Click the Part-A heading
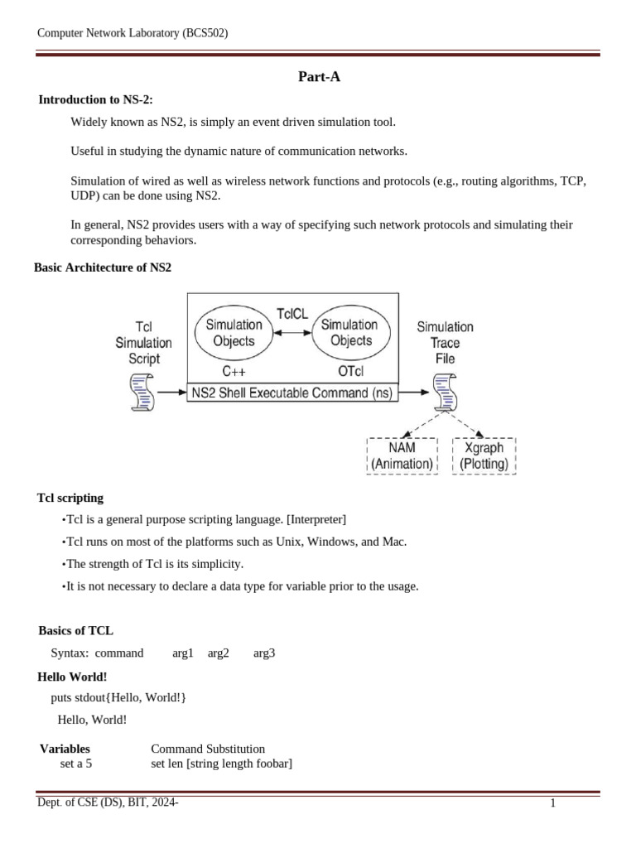[319, 77]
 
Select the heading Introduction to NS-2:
[96, 99]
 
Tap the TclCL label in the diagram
[291, 315]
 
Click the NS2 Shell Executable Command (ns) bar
[293, 393]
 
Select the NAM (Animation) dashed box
[402, 456]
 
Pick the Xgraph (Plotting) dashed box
[484, 456]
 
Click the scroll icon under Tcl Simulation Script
[142, 393]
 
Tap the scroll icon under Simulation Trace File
[445, 393]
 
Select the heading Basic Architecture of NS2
[102, 267]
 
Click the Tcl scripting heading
[70, 498]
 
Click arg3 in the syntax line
[264, 653]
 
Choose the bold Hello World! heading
[73, 677]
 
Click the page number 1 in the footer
[552, 803]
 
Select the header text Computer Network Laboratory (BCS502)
[132, 33]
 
